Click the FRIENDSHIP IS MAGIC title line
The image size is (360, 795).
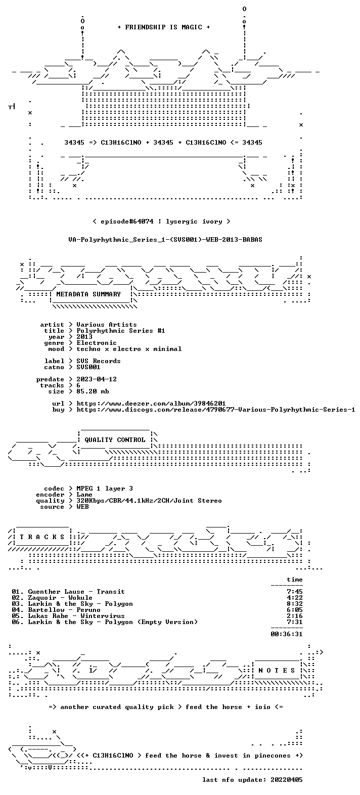point(163,27)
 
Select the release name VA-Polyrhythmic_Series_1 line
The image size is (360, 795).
point(165,240)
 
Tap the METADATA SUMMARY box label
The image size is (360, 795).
point(88,294)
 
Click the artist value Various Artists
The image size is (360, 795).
point(106,325)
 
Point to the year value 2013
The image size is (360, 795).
point(84,337)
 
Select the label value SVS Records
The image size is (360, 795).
point(99,361)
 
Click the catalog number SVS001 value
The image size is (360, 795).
point(88,367)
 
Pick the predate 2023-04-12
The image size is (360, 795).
point(97,379)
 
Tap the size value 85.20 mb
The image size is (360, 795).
point(93,391)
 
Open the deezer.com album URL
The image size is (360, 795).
point(151,404)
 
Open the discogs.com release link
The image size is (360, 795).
point(215,410)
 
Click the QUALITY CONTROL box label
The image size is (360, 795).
point(115,440)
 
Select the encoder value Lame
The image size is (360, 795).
point(84,495)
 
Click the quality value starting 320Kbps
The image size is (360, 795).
point(149,501)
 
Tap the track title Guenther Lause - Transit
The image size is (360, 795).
point(76,592)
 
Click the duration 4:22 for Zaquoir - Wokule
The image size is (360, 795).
point(295,598)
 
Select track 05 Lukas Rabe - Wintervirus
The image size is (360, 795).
point(68,616)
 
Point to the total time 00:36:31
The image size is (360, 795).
point(287,634)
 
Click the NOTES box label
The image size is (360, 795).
point(277,671)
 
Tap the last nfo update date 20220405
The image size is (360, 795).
point(287,780)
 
